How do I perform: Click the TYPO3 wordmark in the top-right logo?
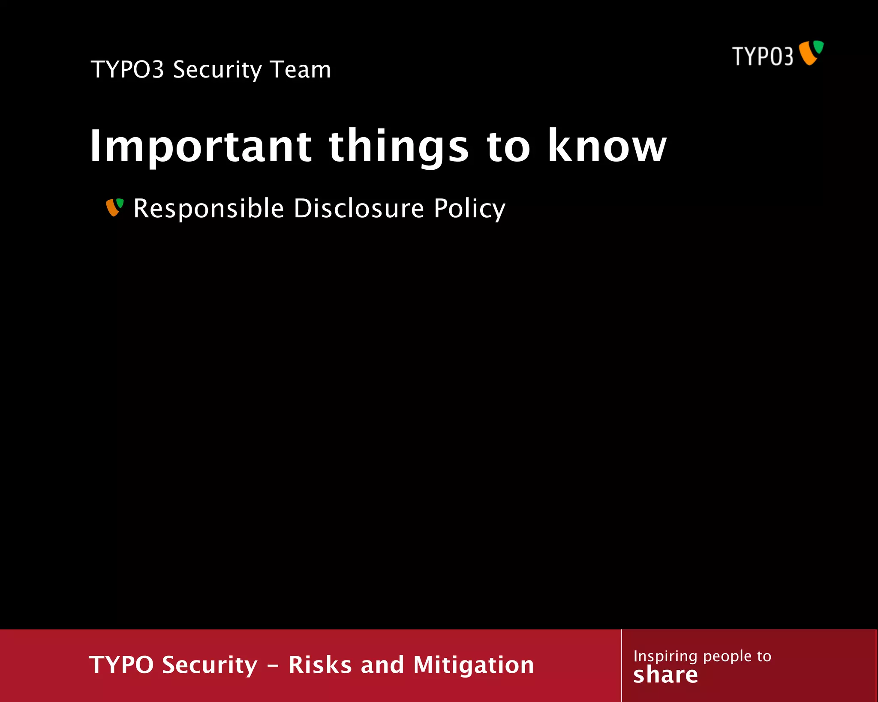763,57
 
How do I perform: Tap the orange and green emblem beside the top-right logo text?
811,53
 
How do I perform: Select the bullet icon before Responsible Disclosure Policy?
114,207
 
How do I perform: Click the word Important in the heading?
200,147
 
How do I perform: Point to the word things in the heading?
399,147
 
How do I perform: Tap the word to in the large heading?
508,147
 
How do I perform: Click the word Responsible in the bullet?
208,209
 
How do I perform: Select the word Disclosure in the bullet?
359,209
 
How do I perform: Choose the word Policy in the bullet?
469,210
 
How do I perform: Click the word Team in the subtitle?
301,69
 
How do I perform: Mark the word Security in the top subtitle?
217,70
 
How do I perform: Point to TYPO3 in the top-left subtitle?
127,69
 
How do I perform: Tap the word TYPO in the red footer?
121,665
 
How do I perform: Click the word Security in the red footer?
210,666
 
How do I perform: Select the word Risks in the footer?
320,665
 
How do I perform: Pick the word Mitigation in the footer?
474,666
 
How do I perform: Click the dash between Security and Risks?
273,666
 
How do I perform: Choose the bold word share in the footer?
665,675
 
